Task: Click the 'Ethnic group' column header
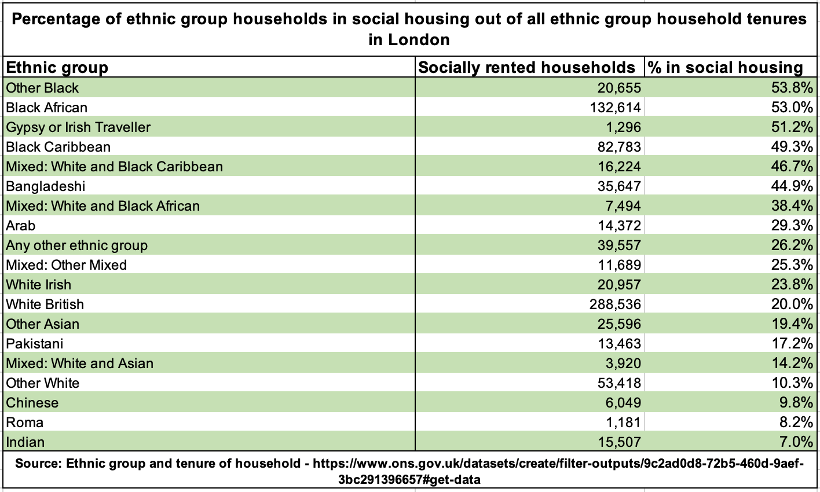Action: pos(57,68)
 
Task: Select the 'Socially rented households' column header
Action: pos(526,68)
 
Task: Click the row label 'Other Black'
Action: pos(42,88)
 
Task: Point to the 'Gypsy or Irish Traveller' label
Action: pos(78,127)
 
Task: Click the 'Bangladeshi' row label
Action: pos(46,186)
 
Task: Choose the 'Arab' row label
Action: pos(21,226)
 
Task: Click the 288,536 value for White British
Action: pos(617,304)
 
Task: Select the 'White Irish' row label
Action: pos(39,285)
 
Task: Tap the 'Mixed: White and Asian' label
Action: pos(80,364)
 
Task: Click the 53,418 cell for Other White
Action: pos(620,383)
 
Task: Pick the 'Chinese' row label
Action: pos(32,403)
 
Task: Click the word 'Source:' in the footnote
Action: pos(38,464)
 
